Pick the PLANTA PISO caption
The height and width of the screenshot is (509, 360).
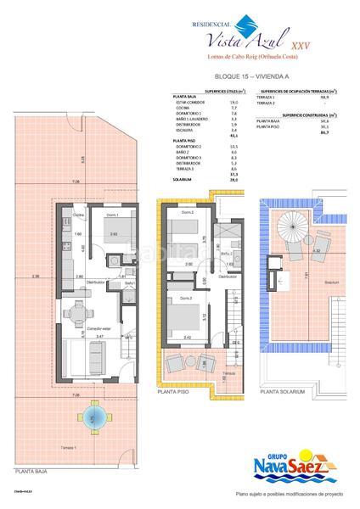[x=174, y=393]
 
